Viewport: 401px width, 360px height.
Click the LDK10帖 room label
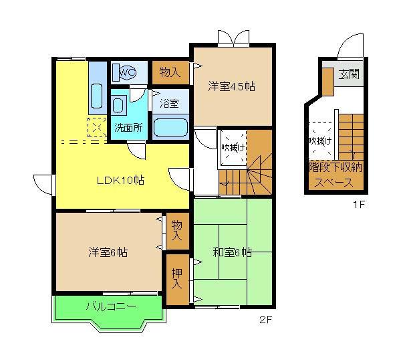(121, 180)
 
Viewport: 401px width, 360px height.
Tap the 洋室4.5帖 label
(231, 86)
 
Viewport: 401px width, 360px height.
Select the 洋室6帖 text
(108, 252)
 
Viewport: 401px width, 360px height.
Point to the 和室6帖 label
(232, 252)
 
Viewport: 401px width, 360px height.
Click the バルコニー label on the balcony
(110, 307)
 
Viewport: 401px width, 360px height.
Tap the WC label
(128, 71)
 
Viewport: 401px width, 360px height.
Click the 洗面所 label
(128, 127)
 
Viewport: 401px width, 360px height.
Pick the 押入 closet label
(176, 278)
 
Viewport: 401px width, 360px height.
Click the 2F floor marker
(265, 320)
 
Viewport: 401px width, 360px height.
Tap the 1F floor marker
(359, 205)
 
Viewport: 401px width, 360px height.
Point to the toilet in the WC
(125, 71)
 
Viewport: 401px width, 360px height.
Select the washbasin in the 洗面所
(119, 105)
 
